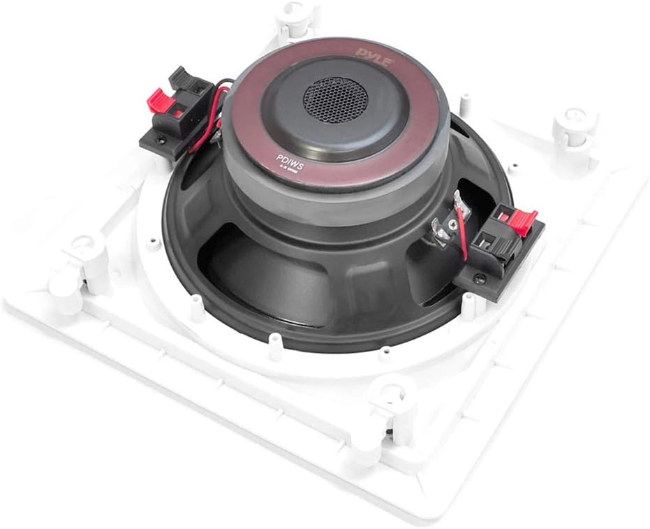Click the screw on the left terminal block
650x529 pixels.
[163, 138]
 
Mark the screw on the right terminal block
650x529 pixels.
[478, 279]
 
